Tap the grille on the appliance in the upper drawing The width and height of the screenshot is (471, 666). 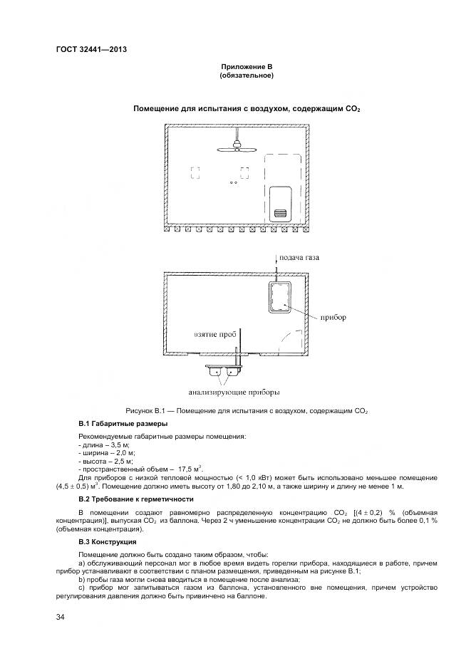pos(280,212)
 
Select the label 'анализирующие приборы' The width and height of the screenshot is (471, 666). pos(234,391)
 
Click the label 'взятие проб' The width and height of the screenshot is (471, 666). pos(214,333)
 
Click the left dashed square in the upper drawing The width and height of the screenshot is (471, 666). pos(195,172)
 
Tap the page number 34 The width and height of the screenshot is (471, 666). pos(61,617)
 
